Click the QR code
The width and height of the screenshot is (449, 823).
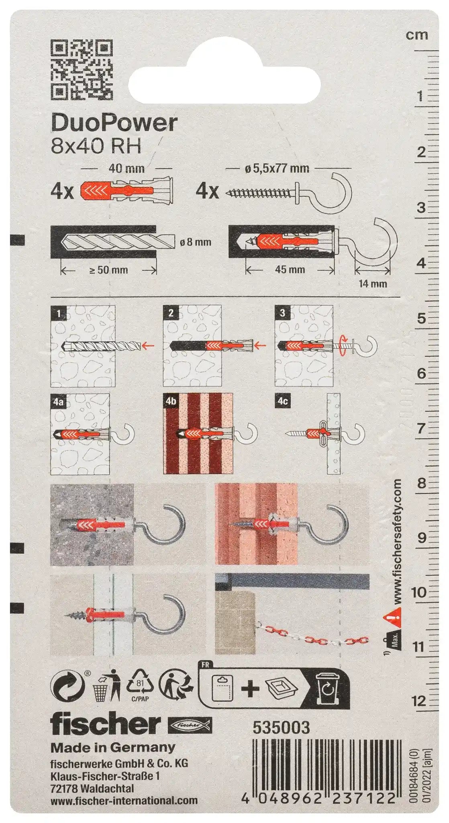tap(81, 70)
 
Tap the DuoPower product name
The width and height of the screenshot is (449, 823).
tap(114, 123)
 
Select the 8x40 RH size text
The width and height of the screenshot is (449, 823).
tap(96, 146)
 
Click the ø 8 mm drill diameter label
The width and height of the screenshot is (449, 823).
tap(196, 242)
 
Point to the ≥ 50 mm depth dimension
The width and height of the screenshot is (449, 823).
tap(108, 270)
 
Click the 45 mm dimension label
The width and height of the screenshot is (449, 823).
tap(290, 269)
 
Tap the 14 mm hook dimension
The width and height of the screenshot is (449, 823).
tap(373, 284)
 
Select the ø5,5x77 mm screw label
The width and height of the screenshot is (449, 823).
tap(277, 168)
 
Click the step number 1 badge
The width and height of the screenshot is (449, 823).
tap(59, 313)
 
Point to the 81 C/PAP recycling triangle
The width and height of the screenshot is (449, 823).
tap(139, 686)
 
